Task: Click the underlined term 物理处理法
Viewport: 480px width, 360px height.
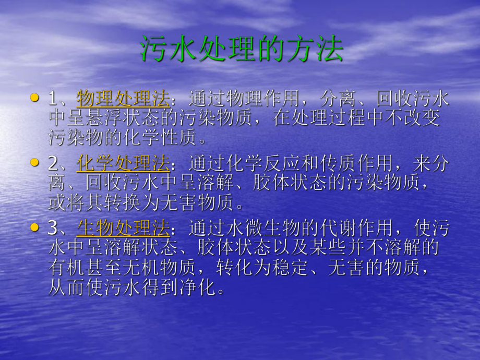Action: tap(123, 98)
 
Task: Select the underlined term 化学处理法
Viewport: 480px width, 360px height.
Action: tap(123, 164)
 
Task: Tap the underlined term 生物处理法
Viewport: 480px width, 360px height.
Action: tap(123, 229)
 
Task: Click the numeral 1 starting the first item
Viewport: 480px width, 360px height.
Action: tap(53, 99)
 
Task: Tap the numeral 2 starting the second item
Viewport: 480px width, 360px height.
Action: tap(53, 164)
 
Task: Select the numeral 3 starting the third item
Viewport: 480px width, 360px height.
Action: tap(53, 229)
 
